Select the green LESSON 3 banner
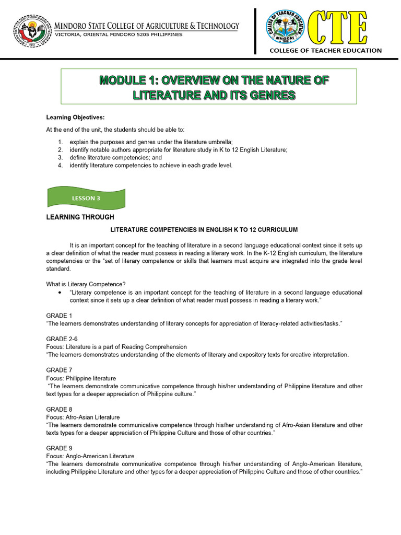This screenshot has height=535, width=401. pyautogui.click(x=87, y=198)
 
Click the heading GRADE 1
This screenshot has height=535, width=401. pyautogui.click(x=57, y=316)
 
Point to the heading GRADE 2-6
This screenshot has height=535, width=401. pyautogui.click(x=61, y=339)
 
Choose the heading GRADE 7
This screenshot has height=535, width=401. pyautogui.click(x=57, y=370)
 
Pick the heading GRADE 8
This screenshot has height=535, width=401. pyautogui.click(x=57, y=409)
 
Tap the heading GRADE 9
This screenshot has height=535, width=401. pyautogui.click(x=57, y=448)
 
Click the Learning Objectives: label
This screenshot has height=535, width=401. pyautogui.click(x=75, y=117)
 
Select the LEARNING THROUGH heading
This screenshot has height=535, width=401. pyautogui.click(x=80, y=217)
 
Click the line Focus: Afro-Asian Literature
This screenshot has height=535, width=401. pyautogui.click(x=83, y=417)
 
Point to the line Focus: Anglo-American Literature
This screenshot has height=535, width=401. pyautogui.click(x=90, y=456)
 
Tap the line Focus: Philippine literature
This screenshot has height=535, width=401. pyautogui.click(x=81, y=378)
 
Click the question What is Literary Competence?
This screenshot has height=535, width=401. pyautogui.click(x=86, y=284)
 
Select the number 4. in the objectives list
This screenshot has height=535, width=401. pyautogui.click(x=61, y=166)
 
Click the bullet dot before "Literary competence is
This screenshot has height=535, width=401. pyautogui.click(x=61, y=293)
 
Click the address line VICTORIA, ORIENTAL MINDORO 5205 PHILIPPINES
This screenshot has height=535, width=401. pyautogui.click(x=119, y=34)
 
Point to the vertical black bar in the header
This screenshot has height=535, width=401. pyautogui.click(x=256, y=31)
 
